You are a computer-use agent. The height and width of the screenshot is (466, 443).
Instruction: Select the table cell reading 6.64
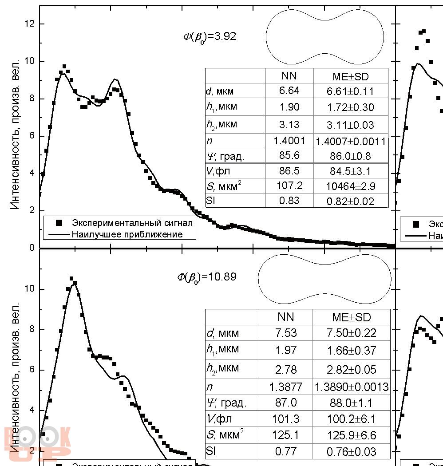pos(289,91)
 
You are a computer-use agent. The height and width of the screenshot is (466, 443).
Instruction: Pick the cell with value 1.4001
pos(289,141)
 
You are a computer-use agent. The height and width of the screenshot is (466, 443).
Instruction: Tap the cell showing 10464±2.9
pos(351,186)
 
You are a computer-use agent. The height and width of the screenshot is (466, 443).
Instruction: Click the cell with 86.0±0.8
pos(351,156)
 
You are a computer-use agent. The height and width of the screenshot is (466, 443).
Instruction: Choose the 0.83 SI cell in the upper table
pos(289,201)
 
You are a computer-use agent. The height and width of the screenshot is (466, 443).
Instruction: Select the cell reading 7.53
pos(285,333)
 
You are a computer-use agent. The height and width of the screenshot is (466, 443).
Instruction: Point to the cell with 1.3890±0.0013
pos(351,387)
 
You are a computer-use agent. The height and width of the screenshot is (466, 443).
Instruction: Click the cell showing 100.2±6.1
pos(351,419)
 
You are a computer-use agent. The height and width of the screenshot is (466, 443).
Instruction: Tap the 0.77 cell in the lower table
pos(285,451)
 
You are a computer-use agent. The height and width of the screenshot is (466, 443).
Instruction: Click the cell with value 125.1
pos(285,435)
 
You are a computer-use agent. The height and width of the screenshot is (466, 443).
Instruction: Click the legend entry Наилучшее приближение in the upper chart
pos(127,234)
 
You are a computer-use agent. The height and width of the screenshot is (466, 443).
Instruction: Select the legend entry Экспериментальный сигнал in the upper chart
pos(132,222)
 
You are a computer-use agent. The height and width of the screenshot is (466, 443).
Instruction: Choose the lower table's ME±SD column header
pos(351,317)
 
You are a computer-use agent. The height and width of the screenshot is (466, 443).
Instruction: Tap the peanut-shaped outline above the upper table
pos(325,37)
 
